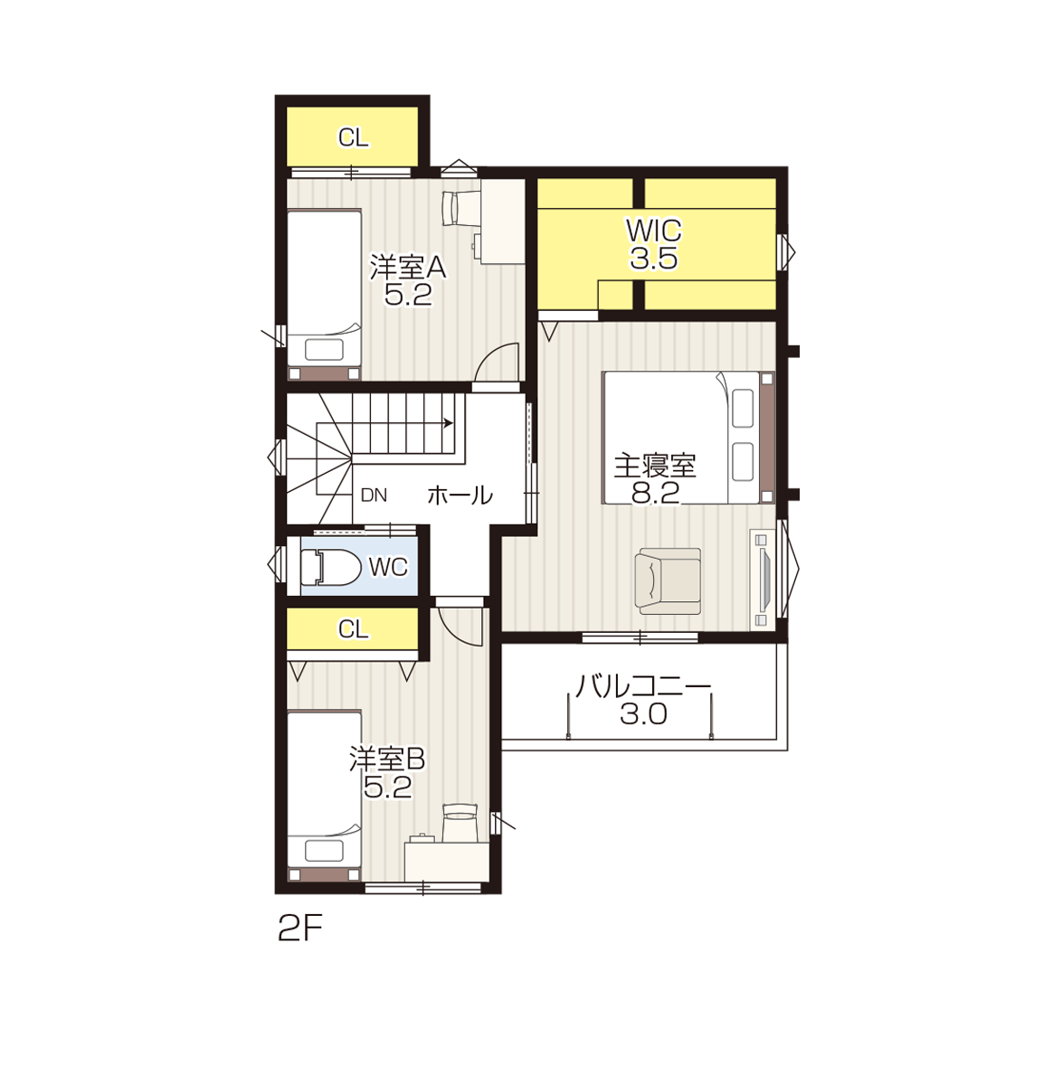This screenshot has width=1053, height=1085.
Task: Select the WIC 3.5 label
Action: click(654, 244)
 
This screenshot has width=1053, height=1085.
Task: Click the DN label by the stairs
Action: click(374, 495)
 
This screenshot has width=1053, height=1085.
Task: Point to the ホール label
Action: click(460, 495)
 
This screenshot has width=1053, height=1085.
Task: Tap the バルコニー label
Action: click(643, 686)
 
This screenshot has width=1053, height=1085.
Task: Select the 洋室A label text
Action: click(408, 268)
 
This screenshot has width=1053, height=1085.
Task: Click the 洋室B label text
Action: click(387, 759)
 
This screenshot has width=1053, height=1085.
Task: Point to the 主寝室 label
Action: click(655, 466)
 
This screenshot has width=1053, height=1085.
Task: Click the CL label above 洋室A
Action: click(353, 137)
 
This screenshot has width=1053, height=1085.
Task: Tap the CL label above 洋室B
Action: click(353, 629)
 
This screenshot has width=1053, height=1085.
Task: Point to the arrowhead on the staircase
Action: click(448, 423)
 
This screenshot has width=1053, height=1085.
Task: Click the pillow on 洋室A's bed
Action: click(324, 350)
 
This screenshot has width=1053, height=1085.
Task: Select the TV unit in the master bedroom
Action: click(763, 580)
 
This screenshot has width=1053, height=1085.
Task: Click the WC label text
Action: click(388, 568)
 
